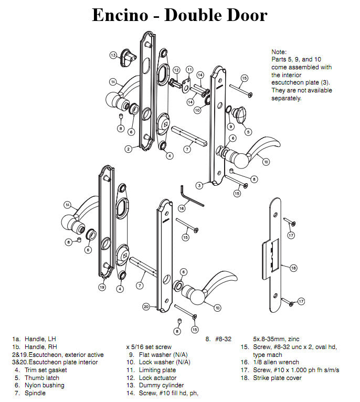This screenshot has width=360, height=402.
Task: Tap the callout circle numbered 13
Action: [113, 55]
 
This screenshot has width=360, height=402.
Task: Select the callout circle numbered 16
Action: [182, 208]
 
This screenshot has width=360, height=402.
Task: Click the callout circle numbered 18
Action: [293, 268]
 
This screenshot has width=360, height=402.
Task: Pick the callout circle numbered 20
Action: [146, 306]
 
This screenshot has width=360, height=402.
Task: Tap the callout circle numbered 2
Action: [128, 149]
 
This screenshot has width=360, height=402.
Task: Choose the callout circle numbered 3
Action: [199, 185]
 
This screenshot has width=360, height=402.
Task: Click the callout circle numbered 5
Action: [248, 132]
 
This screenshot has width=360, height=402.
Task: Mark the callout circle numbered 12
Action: [176, 70]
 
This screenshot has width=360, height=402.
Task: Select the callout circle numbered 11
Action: [189, 69]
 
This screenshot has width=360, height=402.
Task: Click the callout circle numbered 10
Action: [197, 110]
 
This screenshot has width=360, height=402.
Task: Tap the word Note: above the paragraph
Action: [279, 52]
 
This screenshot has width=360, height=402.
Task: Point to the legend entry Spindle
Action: [35, 393]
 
